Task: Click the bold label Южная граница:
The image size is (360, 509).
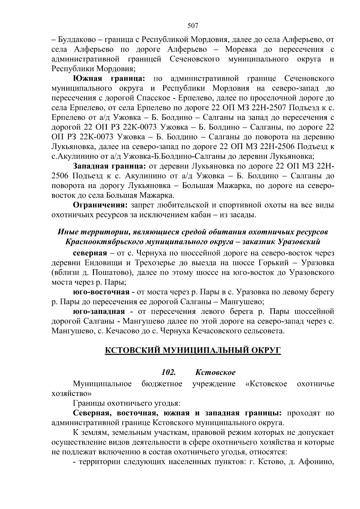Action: pyautogui.click(x=109, y=79)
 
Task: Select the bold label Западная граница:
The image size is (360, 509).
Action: pyautogui.click(x=109, y=166)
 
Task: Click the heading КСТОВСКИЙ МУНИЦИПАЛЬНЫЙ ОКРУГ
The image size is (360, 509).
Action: pyautogui.click(x=193, y=350)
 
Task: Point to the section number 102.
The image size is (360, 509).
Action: pyautogui.click(x=168, y=372)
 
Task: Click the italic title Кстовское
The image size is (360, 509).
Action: pyautogui.click(x=215, y=372)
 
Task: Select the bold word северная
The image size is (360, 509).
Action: pyautogui.click(x=90, y=253)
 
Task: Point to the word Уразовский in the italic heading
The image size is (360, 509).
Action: pyautogui.click(x=298, y=241)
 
